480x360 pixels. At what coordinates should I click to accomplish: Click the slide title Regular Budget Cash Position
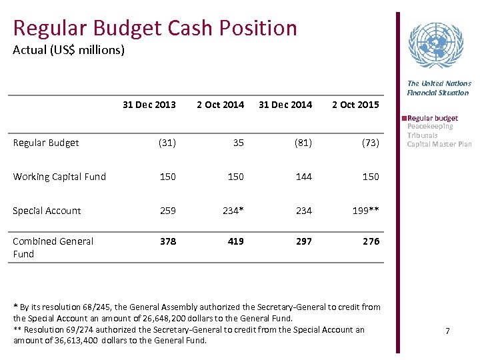point(155,28)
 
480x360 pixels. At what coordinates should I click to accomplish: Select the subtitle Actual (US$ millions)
point(69,50)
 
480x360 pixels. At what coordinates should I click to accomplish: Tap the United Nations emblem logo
point(435,46)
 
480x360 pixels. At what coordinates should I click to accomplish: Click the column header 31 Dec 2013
point(149,104)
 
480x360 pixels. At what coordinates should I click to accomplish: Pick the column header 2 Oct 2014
point(220,104)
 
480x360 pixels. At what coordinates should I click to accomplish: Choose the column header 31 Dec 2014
point(285,104)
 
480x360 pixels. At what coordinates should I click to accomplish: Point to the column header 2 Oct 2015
point(355,104)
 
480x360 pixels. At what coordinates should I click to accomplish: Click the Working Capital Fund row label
point(59,177)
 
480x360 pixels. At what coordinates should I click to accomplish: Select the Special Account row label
point(47,211)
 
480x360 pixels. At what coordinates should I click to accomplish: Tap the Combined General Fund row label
point(53,247)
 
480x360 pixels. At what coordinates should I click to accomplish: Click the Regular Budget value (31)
point(167,143)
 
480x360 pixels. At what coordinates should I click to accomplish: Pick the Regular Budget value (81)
point(303,143)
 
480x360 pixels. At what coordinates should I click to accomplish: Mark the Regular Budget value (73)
point(370,143)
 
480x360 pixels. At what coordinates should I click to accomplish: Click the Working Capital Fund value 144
point(303,177)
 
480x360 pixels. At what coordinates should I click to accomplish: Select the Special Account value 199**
point(366,211)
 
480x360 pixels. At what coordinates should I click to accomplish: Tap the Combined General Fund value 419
point(235,241)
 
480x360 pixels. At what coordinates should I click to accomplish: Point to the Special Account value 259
point(168,211)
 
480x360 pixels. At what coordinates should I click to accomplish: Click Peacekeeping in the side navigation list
point(430,127)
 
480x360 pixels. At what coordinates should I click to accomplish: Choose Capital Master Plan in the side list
point(439,144)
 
